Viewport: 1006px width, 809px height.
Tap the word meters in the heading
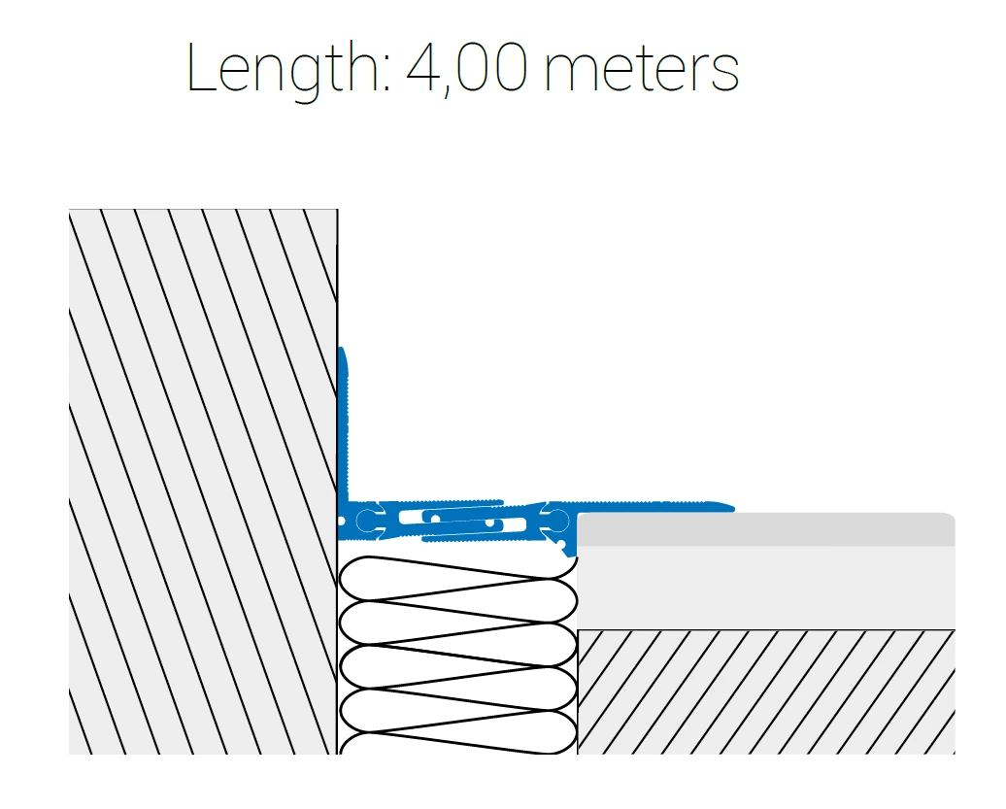(x=642, y=71)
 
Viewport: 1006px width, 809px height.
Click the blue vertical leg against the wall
(x=343, y=423)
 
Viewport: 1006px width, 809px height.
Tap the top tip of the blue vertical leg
(x=342, y=348)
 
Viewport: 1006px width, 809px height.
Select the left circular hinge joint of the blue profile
(x=366, y=520)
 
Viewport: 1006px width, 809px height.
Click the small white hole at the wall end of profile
(x=341, y=521)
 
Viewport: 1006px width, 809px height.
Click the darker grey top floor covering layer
(x=765, y=528)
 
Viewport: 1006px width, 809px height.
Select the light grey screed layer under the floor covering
(x=765, y=587)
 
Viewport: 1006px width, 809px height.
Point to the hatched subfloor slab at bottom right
(x=765, y=691)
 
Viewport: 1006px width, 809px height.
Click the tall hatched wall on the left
(x=203, y=481)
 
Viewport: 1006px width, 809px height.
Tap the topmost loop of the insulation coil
(x=457, y=578)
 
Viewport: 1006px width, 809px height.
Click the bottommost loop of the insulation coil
(x=457, y=743)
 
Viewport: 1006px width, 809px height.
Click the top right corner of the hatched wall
(x=338, y=209)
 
